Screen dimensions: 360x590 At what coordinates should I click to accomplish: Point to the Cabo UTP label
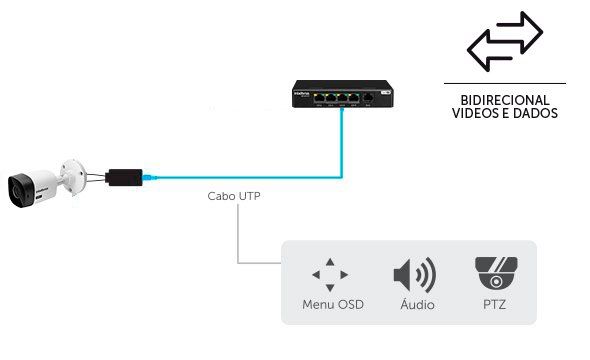[235, 197]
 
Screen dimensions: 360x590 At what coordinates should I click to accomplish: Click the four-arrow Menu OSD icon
[331, 273]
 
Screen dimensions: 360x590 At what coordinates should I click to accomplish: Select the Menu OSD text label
[332, 303]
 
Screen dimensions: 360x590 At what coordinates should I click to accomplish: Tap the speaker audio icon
[414, 275]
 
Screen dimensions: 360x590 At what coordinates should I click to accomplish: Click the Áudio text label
[415, 303]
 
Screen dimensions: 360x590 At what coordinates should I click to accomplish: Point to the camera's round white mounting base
[72, 173]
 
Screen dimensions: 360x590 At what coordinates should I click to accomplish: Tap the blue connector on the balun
[149, 178]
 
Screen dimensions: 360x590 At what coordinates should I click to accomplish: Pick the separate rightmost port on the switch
[370, 98]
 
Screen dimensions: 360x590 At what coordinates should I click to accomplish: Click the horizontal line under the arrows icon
[504, 83]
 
